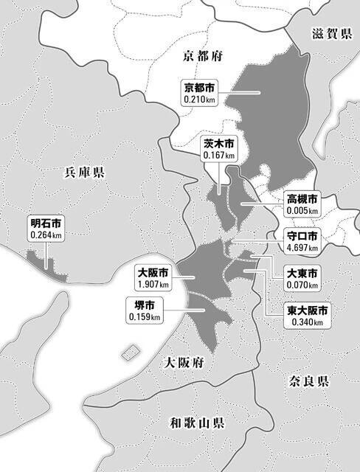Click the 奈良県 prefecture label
coord(308,381)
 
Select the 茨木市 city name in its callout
coord(219,144)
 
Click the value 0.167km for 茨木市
coord(219,156)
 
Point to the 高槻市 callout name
coord(303,199)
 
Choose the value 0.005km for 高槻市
coord(303,211)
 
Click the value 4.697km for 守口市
coord(303,248)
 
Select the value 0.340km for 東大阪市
coord(308,322)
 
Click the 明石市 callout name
coord(46,222)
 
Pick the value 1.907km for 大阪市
coord(153,284)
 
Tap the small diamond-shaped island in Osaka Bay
coord(131,350)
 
